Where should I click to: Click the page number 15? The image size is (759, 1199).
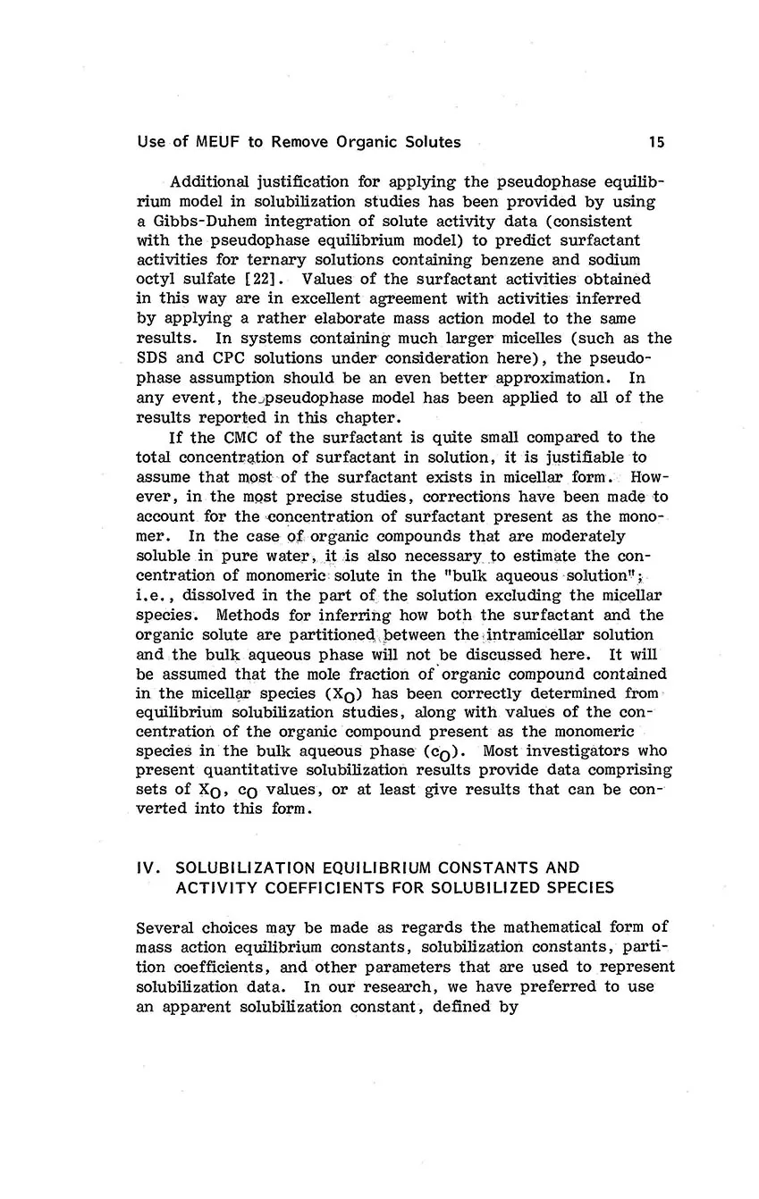click(x=657, y=142)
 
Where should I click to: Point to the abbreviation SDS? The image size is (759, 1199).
click(x=152, y=358)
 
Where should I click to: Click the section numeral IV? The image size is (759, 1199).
click(x=146, y=867)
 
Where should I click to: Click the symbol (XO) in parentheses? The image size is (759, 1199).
click(x=329, y=694)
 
